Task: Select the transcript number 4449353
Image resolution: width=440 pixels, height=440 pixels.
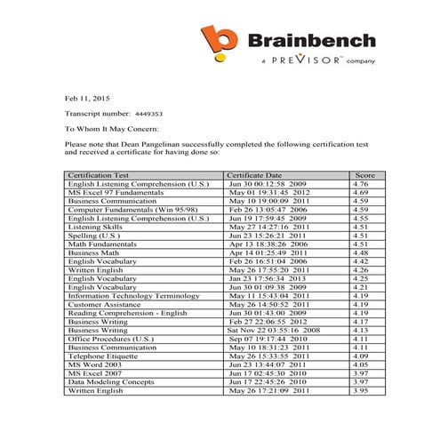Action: pos(148,114)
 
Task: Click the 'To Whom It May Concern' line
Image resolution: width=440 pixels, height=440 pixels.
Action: pos(115,128)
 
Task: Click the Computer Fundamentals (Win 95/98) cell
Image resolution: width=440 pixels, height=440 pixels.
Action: pos(127,210)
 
